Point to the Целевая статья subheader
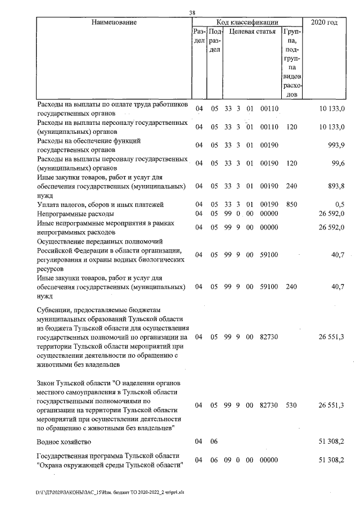pos(252,31)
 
